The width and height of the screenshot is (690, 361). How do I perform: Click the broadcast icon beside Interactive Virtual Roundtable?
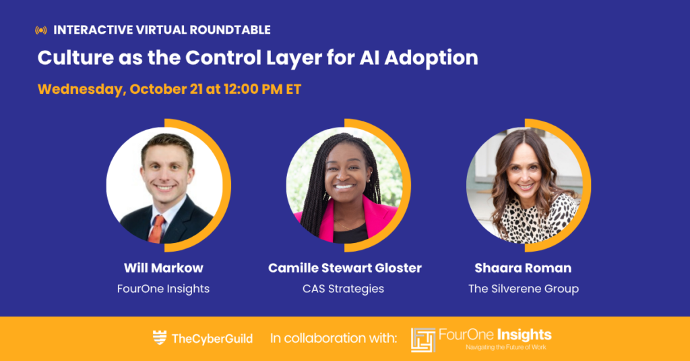coord(41,30)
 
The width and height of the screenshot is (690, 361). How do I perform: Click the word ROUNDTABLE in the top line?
coord(230,30)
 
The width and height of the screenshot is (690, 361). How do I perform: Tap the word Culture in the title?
coord(75,58)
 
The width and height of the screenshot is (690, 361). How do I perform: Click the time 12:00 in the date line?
coord(241,89)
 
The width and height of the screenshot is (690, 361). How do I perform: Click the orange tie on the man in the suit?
coord(156,229)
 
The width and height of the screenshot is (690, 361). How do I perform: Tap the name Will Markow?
coord(164,268)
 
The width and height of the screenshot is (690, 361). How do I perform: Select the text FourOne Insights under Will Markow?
coord(163,289)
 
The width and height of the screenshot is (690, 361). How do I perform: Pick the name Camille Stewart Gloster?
coord(345,268)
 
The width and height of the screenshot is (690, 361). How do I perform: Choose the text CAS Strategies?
coord(343,289)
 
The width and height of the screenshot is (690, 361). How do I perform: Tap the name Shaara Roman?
coord(523,268)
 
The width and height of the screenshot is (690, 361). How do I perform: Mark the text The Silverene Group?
coord(523,289)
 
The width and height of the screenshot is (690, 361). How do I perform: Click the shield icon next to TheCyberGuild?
coord(160,337)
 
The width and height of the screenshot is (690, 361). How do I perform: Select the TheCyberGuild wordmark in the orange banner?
coord(212,339)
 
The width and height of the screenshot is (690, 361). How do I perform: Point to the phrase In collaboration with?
coord(334,338)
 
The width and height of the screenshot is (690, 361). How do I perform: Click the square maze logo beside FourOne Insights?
coord(423,340)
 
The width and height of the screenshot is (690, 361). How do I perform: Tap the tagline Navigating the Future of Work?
coord(506,348)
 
